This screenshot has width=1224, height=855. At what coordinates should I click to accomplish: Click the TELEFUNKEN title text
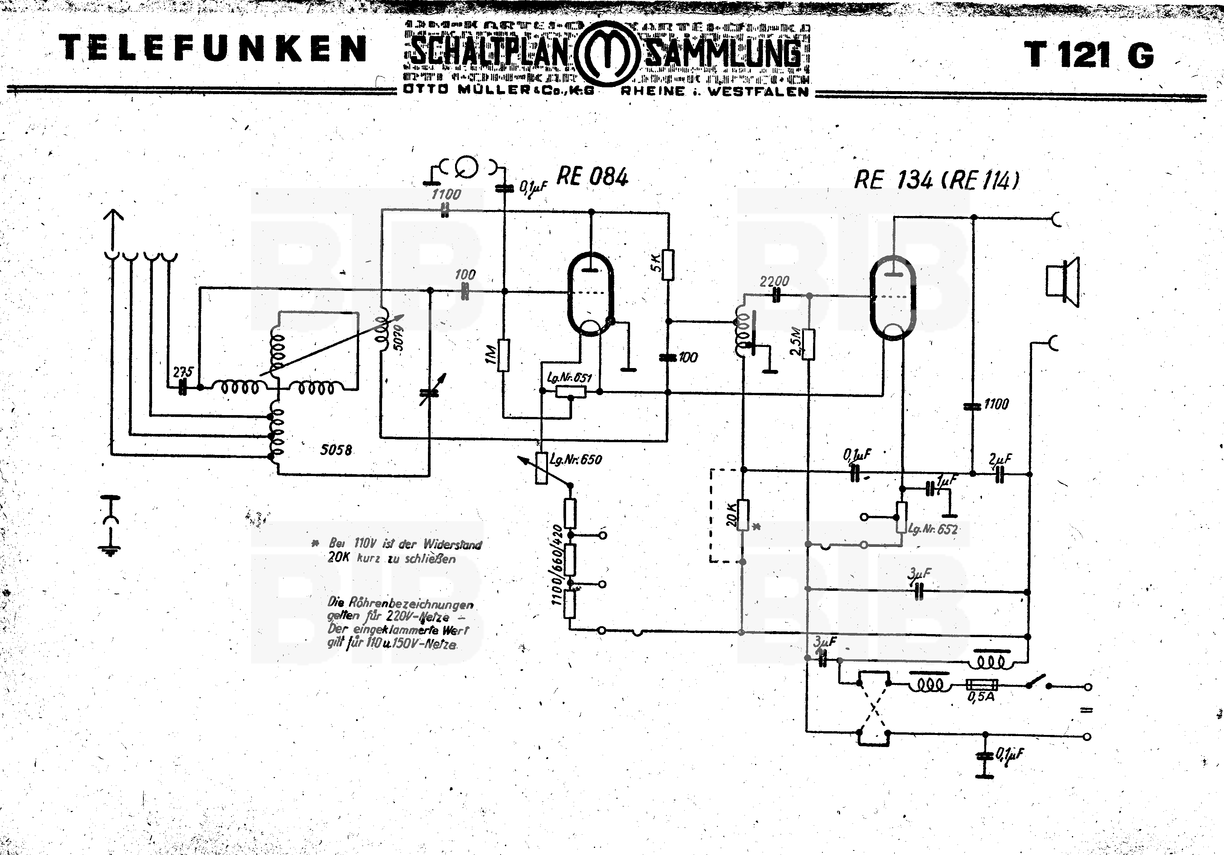tap(213, 48)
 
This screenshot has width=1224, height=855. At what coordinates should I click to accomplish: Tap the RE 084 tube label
tap(592, 176)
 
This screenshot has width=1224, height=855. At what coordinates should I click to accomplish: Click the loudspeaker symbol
tap(1062, 281)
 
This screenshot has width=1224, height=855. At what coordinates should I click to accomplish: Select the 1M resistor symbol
tap(503, 355)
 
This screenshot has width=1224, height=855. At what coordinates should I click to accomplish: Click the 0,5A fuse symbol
tap(982, 686)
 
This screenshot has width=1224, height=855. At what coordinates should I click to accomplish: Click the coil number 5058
tap(336, 450)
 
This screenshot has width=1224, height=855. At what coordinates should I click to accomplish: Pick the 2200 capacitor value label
tap(774, 281)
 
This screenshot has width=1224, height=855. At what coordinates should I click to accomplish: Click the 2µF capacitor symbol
tap(1000, 474)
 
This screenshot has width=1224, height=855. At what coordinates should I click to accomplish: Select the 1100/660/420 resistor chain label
tap(557, 565)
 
